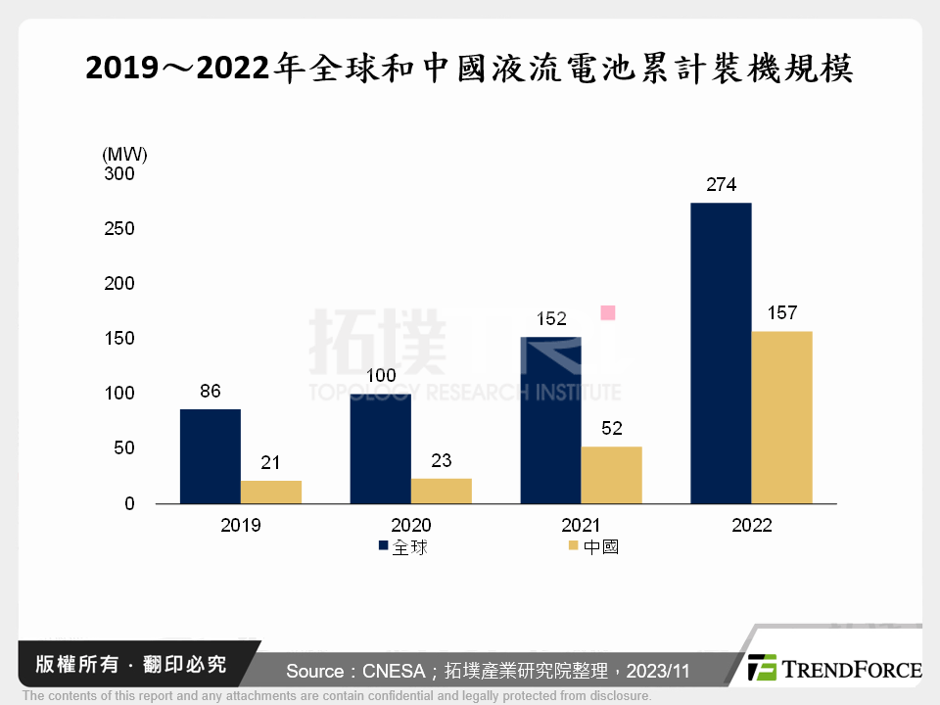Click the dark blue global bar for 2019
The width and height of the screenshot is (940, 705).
click(x=211, y=456)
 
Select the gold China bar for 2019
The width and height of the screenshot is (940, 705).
click(x=271, y=492)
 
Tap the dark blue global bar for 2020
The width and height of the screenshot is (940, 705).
click(x=380, y=448)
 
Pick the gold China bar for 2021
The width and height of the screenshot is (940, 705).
click(x=611, y=475)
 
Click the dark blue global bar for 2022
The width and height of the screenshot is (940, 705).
click(x=721, y=352)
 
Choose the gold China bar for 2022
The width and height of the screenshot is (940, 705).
click(x=781, y=417)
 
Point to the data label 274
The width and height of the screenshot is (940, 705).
click(x=721, y=184)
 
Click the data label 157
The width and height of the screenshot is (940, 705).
click(x=781, y=313)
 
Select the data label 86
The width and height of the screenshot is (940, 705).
click(x=210, y=391)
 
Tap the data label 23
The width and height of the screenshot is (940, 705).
click(x=441, y=460)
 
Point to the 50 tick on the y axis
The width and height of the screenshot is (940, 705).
click(x=124, y=448)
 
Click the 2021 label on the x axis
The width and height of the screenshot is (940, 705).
click(x=582, y=525)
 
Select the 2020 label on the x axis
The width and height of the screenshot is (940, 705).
click(x=410, y=525)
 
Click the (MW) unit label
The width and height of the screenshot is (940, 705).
click(x=123, y=153)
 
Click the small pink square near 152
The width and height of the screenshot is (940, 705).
click(x=608, y=312)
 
